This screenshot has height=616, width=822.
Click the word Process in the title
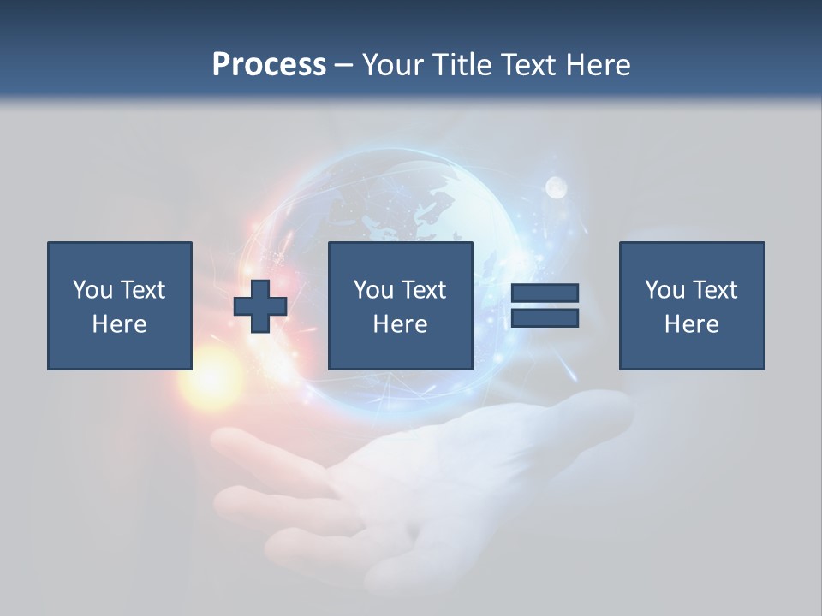[269, 64]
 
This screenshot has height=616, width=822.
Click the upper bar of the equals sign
[545, 293]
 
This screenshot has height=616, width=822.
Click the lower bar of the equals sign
[545, 318]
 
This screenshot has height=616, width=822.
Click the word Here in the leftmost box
[119, 324]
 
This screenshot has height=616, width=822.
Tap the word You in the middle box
[373, 290]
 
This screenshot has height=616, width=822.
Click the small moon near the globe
[557, 187]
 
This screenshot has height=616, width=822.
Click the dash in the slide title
[343, 65]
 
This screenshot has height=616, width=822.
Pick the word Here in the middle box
[400, 324]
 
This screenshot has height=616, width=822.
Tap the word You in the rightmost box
[664, 290]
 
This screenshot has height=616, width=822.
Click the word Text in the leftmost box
[142, 290]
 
